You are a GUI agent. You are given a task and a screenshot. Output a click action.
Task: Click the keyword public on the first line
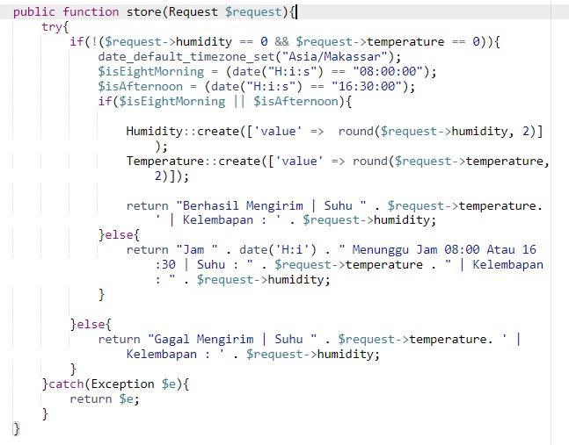coord(34,11)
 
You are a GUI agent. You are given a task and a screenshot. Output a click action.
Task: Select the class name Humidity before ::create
coord(154,131)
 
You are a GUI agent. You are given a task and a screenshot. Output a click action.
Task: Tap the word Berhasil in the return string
coord(211,205)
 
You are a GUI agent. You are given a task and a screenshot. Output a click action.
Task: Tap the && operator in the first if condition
coord(281,41)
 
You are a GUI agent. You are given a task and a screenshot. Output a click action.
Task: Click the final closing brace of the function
coord(16,428)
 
